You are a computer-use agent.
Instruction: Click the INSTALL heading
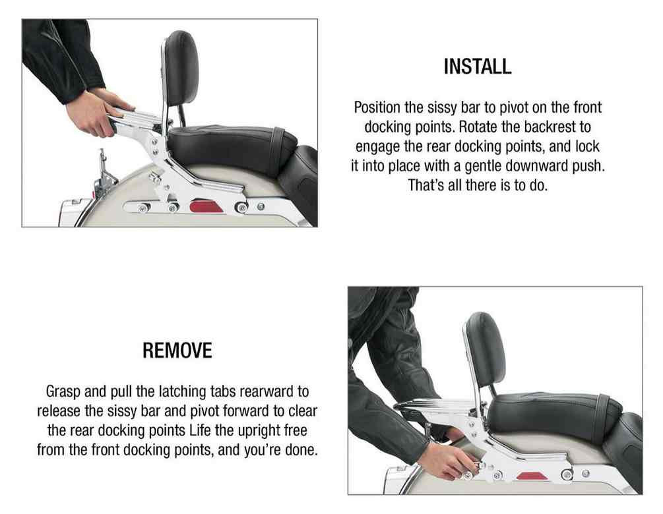(477, 67)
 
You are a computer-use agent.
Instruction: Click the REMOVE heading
(177, 351)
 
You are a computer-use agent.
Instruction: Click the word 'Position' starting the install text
(379, 107)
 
